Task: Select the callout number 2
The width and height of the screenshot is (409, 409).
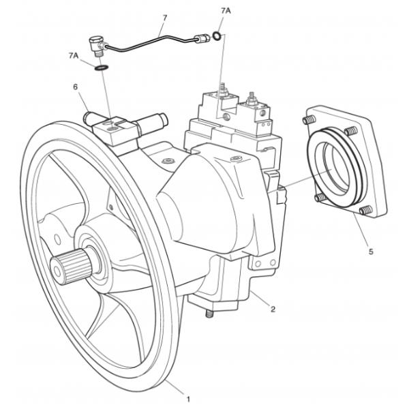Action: (x=273, y=309)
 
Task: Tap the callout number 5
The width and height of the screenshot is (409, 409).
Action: (x=370, y=252)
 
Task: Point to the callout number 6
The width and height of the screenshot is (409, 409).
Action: (x=76, y=87)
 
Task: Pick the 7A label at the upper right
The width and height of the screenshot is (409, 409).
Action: (x=226, y=12)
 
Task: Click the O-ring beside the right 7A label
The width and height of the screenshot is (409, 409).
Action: (x=216, y=36)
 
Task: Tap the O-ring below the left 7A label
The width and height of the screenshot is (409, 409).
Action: (x=100, y=68)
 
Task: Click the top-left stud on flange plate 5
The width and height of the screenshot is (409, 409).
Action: (x=305, y=121)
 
